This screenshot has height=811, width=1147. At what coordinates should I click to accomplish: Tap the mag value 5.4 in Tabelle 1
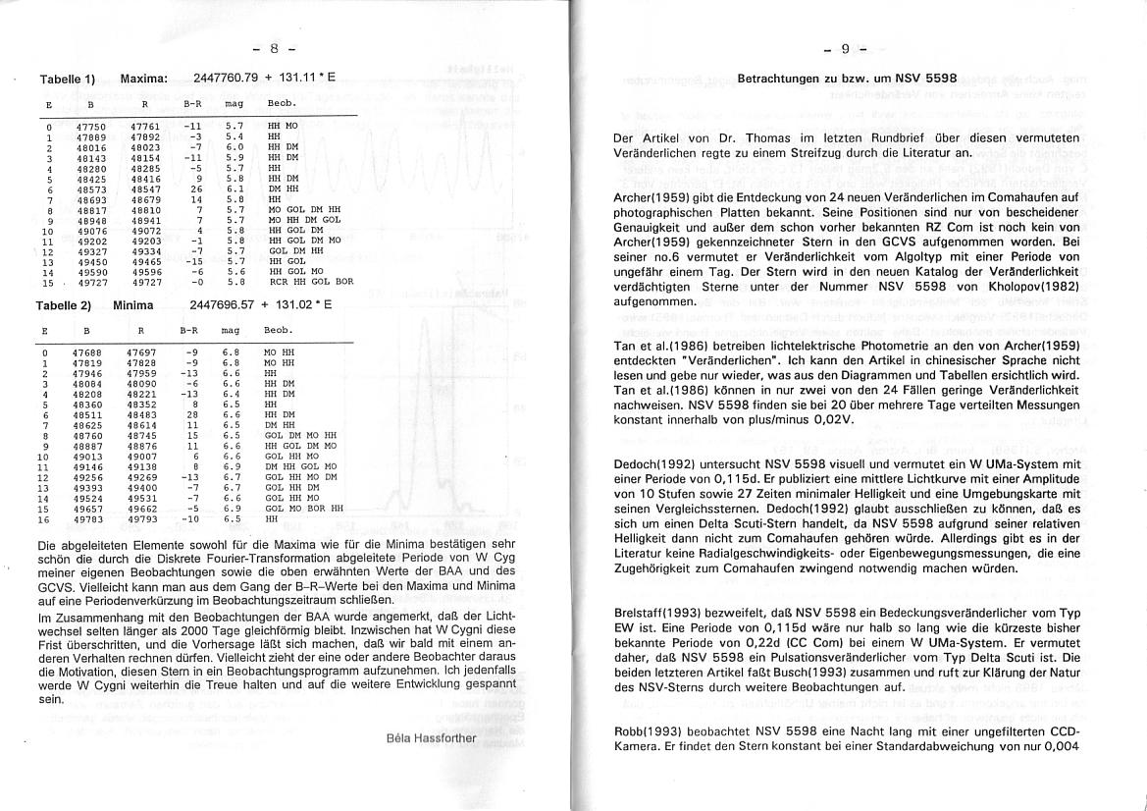234,136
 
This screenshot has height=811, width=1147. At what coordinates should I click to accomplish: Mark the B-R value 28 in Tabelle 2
192,414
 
